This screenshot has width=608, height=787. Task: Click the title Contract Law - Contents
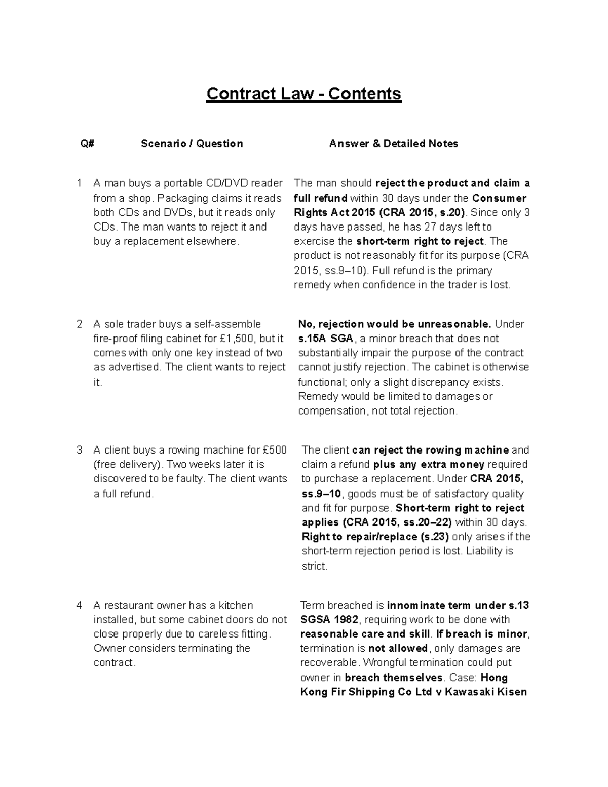303,94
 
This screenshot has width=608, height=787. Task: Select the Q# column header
87,144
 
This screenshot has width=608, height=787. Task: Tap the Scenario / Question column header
192,144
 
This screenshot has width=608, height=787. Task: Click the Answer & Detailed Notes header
393,144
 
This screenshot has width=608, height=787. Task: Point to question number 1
79,183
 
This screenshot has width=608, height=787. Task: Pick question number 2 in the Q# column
79,324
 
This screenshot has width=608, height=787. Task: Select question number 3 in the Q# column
79,450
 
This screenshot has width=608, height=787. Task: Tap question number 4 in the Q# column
79,605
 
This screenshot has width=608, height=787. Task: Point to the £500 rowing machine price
275,450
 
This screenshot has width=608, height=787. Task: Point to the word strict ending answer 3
314,566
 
